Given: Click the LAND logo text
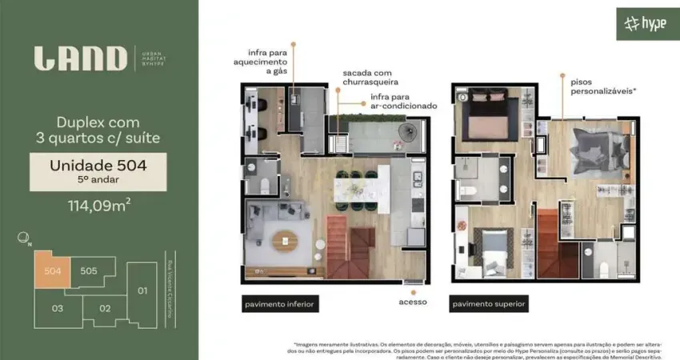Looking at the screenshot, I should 80,58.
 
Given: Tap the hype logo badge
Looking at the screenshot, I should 646,24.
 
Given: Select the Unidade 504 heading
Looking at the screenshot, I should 98,166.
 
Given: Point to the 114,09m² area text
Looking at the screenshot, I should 98,205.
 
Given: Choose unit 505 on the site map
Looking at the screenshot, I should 88,271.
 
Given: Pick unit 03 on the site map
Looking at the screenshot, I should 57,308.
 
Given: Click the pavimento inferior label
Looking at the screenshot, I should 280,304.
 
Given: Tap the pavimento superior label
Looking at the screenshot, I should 489,304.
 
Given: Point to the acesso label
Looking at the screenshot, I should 413,302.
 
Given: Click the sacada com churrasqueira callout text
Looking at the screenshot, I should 370,77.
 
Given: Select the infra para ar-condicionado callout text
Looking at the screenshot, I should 403,101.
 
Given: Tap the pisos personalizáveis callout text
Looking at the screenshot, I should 603,86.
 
